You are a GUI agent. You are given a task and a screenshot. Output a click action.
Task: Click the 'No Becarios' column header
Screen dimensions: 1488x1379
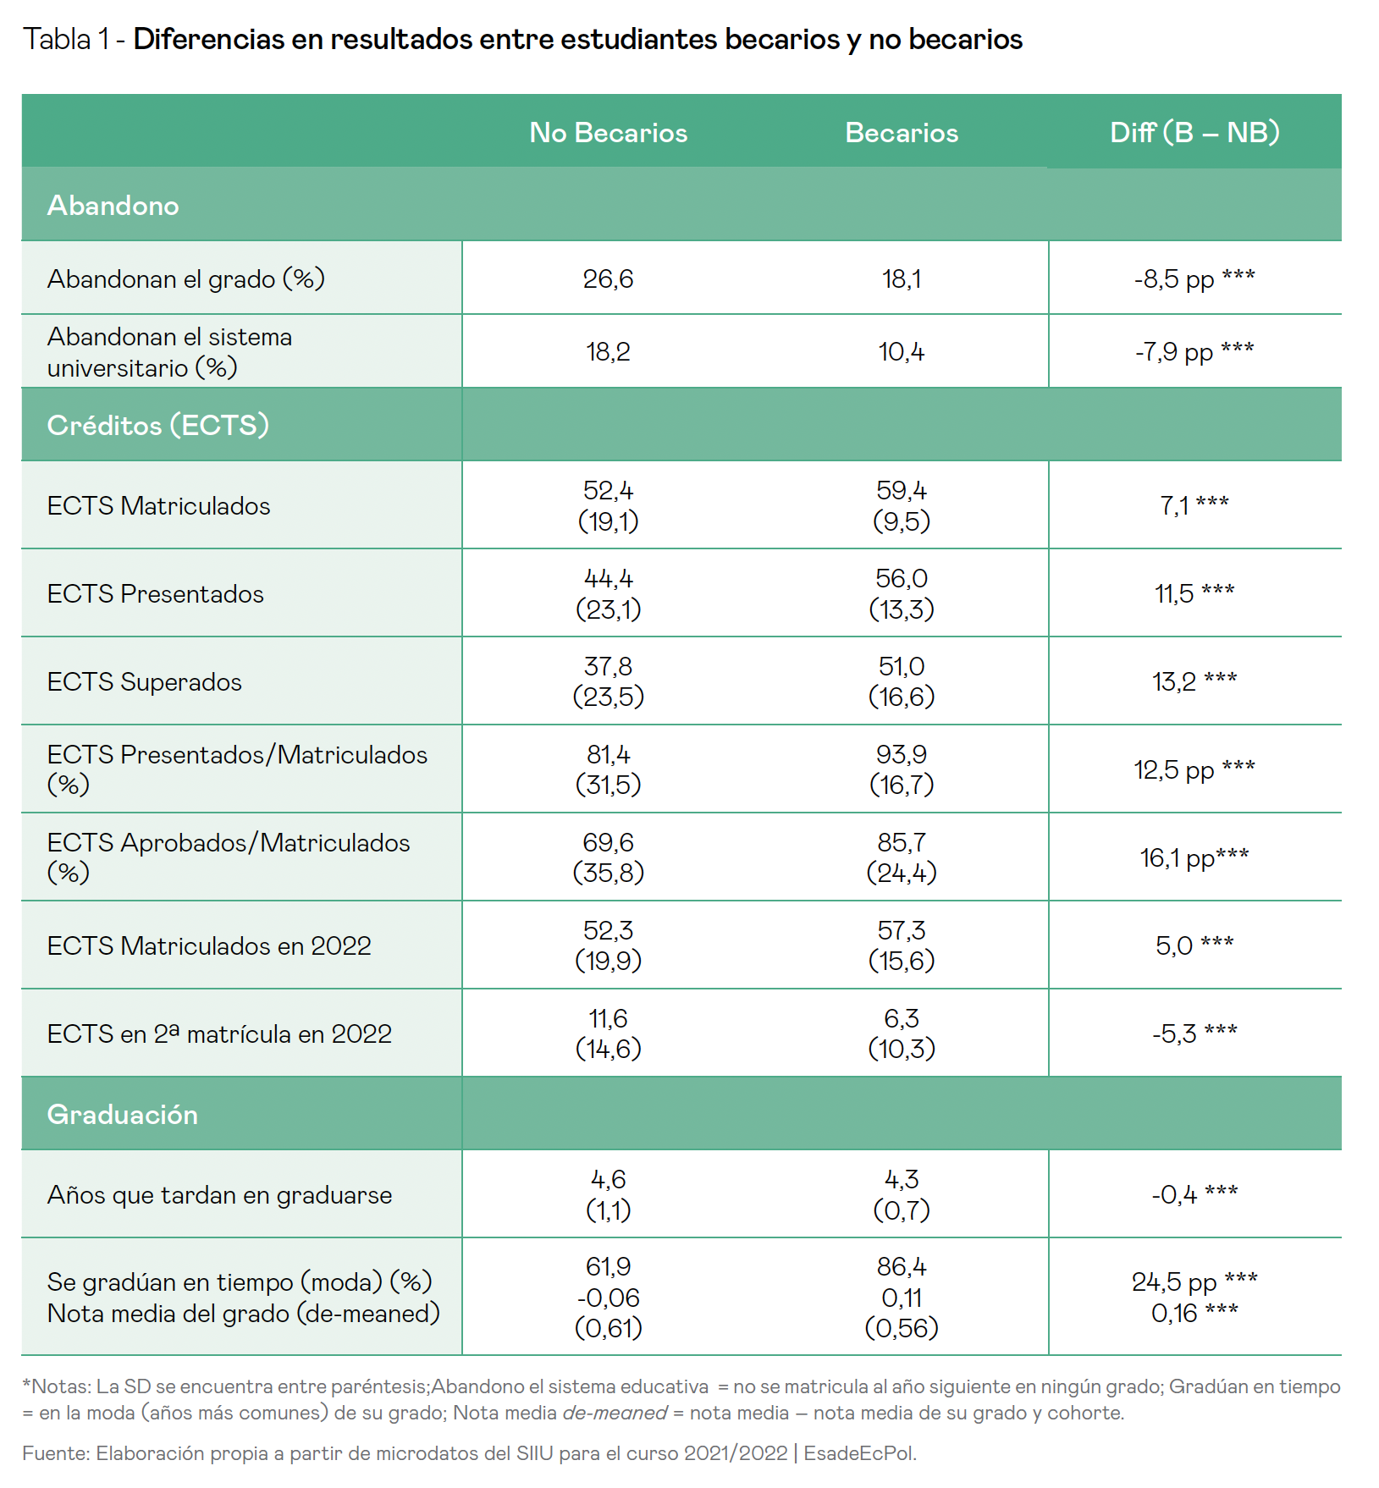(x=608, y=133)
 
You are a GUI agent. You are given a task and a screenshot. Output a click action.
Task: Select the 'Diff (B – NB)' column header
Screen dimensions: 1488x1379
(x=1194, y=133)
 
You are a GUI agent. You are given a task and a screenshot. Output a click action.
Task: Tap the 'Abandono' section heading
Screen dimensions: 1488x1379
(x=113, y=206)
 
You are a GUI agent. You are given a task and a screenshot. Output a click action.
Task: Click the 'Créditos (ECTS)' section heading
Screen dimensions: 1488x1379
(x=158, y=425)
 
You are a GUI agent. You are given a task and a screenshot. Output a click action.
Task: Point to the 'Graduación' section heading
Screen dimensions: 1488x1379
(x=123, y=1115)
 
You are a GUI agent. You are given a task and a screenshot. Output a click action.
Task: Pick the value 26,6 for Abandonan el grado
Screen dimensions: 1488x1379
(x=608, y=279)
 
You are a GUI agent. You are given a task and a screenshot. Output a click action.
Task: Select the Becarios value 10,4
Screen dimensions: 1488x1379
(x=902, y=352)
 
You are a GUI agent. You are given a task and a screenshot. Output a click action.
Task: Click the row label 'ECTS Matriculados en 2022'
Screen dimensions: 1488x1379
(x=209, y=946)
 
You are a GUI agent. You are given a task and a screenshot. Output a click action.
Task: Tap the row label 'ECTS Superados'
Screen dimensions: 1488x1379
(x=145, y=682)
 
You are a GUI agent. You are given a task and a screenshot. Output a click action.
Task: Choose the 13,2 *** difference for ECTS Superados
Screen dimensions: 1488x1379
(x=1194, y=682)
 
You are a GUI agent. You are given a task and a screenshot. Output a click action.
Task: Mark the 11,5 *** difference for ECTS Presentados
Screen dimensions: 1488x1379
(x=1194, y=594)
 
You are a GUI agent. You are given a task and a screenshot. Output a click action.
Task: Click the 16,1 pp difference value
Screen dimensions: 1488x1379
(x=1194, y=858)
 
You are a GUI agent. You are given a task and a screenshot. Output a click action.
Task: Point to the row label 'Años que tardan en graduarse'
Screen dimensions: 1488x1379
(x=219, y=1195)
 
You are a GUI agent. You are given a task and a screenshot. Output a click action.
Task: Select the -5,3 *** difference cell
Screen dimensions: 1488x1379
(x=1194, y=1034)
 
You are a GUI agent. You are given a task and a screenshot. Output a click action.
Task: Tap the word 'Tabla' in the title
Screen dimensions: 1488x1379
(x=57, y=40)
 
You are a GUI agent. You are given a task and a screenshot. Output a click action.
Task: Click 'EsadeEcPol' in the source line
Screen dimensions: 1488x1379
(x=859, y=1453)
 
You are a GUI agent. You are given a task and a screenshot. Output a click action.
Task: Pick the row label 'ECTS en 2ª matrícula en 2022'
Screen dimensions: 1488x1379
(x=219, y=1034)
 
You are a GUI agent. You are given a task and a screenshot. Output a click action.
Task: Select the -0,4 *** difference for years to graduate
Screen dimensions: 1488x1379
(x=1194, y=1195)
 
